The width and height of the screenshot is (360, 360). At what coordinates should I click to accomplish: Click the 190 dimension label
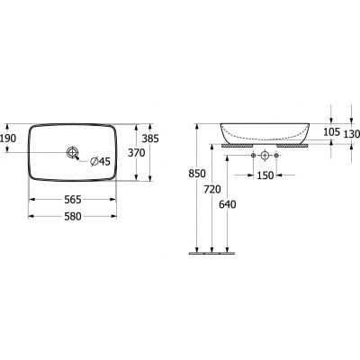tap(8, 139)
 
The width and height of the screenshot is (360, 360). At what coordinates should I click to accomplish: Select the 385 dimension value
tap(150, 139)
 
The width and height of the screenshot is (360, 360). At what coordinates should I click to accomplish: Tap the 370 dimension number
tap(137, 153)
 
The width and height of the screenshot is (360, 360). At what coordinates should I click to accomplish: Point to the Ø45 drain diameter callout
tap(101, 162)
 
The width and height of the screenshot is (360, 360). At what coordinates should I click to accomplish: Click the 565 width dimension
tap(73, 200)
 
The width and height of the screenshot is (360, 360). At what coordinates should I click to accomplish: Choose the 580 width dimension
tap(73, 216)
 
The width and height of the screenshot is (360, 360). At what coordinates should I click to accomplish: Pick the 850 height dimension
tap(197, 174)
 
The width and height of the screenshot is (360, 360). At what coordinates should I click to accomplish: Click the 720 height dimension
tap(212, 189)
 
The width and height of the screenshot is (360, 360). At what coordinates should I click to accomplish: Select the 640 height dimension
tap(228, 204)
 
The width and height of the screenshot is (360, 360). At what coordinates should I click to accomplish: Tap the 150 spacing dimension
tap(265, 175)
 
